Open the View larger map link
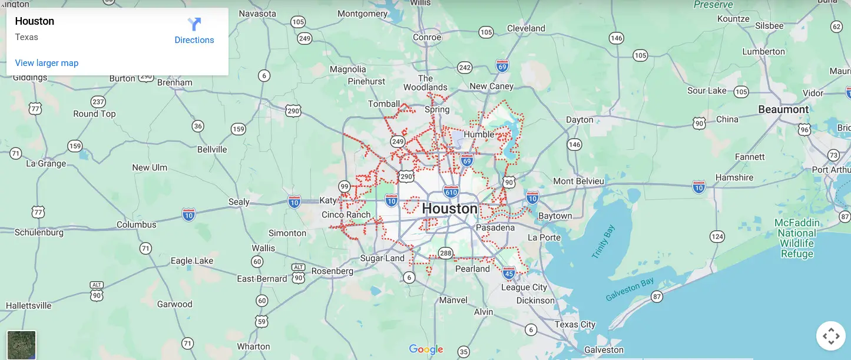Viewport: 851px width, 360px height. pos(47,63)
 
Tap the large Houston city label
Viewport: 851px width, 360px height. pos(450,209)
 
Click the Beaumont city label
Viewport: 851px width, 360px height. pos(783,110)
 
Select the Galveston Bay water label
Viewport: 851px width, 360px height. pos(630,289)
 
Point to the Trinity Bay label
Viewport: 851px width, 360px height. pos(603,242)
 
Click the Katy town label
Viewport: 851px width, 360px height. pos(328,201)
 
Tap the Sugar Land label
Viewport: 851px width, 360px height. pos(382,258)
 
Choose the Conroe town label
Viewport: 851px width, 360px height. pos(427,37)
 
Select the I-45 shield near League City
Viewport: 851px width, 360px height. pos(509,273)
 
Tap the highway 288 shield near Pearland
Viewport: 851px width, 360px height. pos(445,253)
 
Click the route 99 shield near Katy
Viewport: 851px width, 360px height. pos(345,187)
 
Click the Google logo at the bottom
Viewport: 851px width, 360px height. pos(426,349)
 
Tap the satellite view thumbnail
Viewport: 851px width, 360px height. pos(22,345)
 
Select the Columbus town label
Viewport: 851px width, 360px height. pos(137,224)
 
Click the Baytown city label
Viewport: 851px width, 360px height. pos(555,216)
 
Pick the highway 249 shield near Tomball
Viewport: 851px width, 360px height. pos(398,141)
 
